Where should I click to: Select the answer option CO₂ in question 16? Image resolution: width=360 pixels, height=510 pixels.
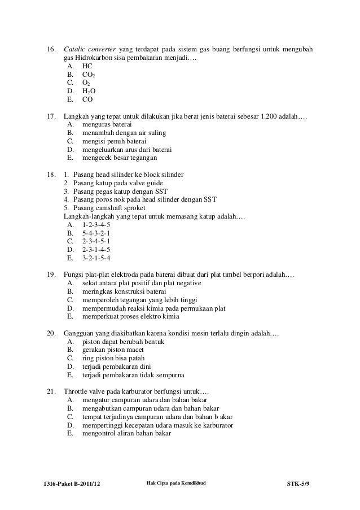point(89,73)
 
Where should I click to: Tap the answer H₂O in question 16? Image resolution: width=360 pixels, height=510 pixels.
point(89,90)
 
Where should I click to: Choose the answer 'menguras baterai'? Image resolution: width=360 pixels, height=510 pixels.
point(107,124)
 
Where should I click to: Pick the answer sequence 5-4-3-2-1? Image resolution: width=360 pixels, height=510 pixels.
point(96,233)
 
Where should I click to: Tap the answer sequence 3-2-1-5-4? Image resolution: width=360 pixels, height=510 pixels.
point(96,258)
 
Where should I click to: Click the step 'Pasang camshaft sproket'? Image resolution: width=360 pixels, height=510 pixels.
point(110,208)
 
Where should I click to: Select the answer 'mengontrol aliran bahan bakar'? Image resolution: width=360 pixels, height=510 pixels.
point(131,434)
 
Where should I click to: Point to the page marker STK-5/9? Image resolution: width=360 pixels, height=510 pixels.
point(300,483)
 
